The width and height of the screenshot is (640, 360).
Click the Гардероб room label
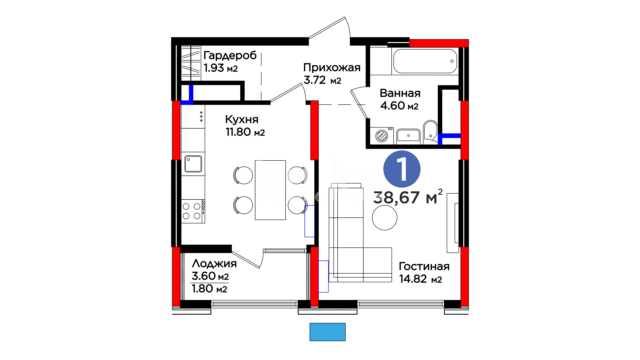(230, 55)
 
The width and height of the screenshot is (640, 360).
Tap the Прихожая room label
(332, 68)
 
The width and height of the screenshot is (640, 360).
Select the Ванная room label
(400, 93)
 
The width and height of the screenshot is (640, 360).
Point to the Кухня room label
(242, 119)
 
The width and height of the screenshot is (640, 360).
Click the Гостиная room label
(424, 266)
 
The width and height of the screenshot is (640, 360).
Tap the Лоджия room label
(214, 264)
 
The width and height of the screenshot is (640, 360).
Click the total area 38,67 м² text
(408, 197)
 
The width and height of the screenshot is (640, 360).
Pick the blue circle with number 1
(402, 169)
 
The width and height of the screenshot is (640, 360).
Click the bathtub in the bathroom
(425, 61)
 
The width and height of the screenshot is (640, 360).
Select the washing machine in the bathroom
(382, 136)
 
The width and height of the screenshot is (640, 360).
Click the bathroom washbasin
(408, 136)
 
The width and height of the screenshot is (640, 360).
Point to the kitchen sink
(193, 164)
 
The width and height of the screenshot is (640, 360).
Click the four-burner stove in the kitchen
(193, 211)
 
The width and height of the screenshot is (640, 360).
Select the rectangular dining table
(270, 190)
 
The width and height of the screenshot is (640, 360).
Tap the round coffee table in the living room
(385, 218)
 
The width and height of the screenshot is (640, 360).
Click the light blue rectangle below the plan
(327, 332)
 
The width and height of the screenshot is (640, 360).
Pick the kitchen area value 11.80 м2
(245, 132)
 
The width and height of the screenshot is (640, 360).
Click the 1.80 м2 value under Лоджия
(209, 289)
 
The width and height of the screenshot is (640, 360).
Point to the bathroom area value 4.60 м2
(399, 106)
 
